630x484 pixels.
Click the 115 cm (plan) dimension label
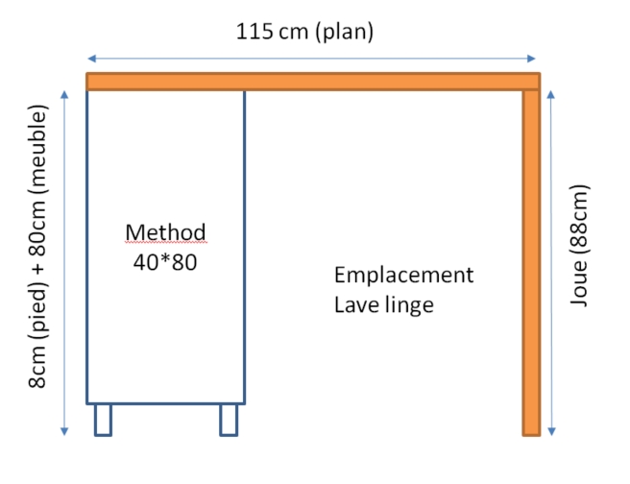[304, 31]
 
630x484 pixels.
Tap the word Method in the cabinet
[165, 232]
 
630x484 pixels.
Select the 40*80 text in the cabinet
[165, 260]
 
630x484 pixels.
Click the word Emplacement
[403, 276]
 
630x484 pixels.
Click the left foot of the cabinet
[103, 420]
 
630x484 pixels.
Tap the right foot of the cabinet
[229, 420]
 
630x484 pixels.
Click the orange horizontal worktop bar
[313, 82]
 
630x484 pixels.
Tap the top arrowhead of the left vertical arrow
[65, 94]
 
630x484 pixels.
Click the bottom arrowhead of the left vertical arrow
[65, 432]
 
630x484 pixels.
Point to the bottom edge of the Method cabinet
[165, 403]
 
